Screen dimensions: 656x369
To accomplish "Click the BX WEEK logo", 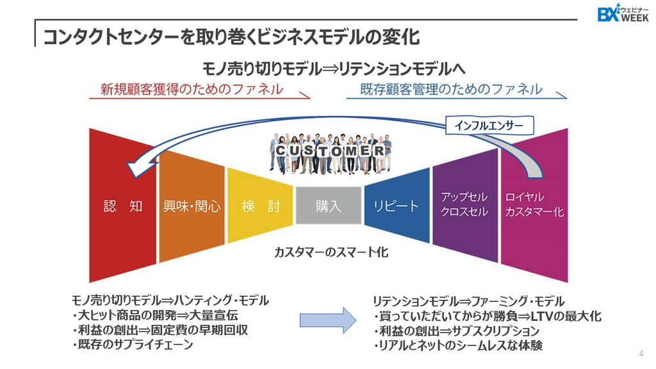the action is pyautogui.click(x=623, y=13).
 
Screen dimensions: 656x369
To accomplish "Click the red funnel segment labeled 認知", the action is pyautogui.click(x=122, y=206).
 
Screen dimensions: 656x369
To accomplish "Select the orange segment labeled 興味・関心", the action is pyautogui.click(x=192, y=206).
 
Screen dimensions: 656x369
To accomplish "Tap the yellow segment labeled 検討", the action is pyautogui.click(x=260, y=206).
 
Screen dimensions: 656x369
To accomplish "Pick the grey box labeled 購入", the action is pyautogui.click(x=329, y=206).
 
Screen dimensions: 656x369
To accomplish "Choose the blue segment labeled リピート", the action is pyautogui.click(x=397, y=206).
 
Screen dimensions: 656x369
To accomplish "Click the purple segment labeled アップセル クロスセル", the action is pyautogui.click(x=465, y=205).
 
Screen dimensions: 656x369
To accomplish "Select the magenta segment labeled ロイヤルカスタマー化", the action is pyautogui.click(x=534, y=206).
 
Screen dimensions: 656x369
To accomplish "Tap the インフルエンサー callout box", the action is pyautogui.click(x=489, y=125).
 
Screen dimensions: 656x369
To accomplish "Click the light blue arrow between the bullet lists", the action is pyautogui.click(x=328, y=320).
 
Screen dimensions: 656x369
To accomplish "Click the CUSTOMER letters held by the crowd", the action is pyautogui.click(x=330, y=151).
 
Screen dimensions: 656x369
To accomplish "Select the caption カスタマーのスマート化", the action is pyautogui.click(x=331, y=252).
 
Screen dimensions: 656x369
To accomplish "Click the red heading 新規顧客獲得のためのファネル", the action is pyautogui.click(x=192, y=89).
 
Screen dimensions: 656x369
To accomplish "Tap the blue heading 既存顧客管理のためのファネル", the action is pyautogui.click(x=451, y=89).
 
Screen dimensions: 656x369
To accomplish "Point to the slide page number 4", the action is pyautogui.click(x=641, y=354).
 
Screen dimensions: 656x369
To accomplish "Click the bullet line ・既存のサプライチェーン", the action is pyautogui.click(x=132, y=345).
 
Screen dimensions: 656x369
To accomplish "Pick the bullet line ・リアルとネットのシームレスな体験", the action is pyautogui.click(x=458, y=345).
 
